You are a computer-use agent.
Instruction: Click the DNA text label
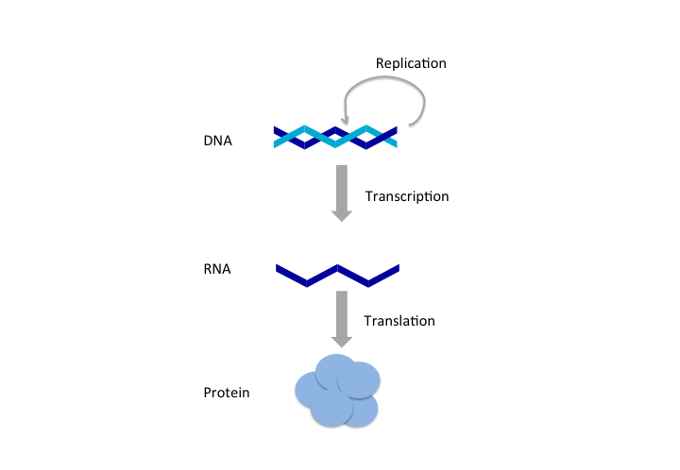(217, 142)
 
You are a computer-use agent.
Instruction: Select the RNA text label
(217, 269)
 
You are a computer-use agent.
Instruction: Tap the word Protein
(227, 392)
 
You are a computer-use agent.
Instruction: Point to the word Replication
(411, 63)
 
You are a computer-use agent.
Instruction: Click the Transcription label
(406, 196)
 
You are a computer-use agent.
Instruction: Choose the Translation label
(399, 321)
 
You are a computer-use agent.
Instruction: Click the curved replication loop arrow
(387, 82)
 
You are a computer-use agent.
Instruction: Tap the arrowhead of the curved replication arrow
(346, 120)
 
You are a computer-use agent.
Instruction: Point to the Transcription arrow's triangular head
(342, 214)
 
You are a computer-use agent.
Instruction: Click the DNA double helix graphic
(336, 138)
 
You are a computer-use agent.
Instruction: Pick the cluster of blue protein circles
(337, 391)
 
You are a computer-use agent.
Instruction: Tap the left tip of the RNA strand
(279, 270)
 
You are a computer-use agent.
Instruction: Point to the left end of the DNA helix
(277, 138)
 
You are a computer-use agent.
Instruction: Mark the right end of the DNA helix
(396, 138)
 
